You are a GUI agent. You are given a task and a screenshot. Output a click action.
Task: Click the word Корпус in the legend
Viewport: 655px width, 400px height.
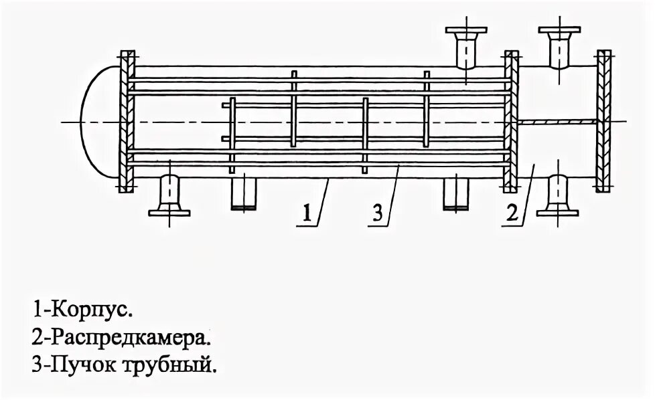pyautogui.click(x=90, y=311)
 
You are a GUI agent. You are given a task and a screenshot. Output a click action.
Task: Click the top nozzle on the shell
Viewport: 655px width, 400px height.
pyautogui.click(x=464, y=47)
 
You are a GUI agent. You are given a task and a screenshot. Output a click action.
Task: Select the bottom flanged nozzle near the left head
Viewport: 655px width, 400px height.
pyautogui.click(x=169, y=197)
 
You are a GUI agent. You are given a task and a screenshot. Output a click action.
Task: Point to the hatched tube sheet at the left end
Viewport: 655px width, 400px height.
pyautogui.click(x=125, y=121)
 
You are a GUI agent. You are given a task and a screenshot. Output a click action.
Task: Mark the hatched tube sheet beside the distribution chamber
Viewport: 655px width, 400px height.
pyautogui.click(x=511, y=121)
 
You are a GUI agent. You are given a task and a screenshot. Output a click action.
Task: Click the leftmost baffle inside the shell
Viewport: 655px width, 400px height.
pyautogui.click(x=232, y=134)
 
